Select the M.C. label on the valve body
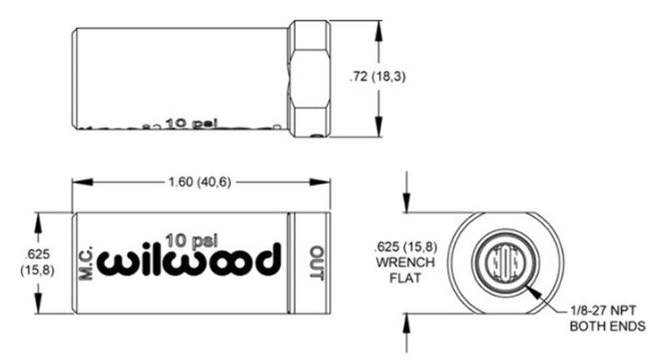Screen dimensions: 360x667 [x=89, y=262]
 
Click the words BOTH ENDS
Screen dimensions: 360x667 [x=607, y=327]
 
